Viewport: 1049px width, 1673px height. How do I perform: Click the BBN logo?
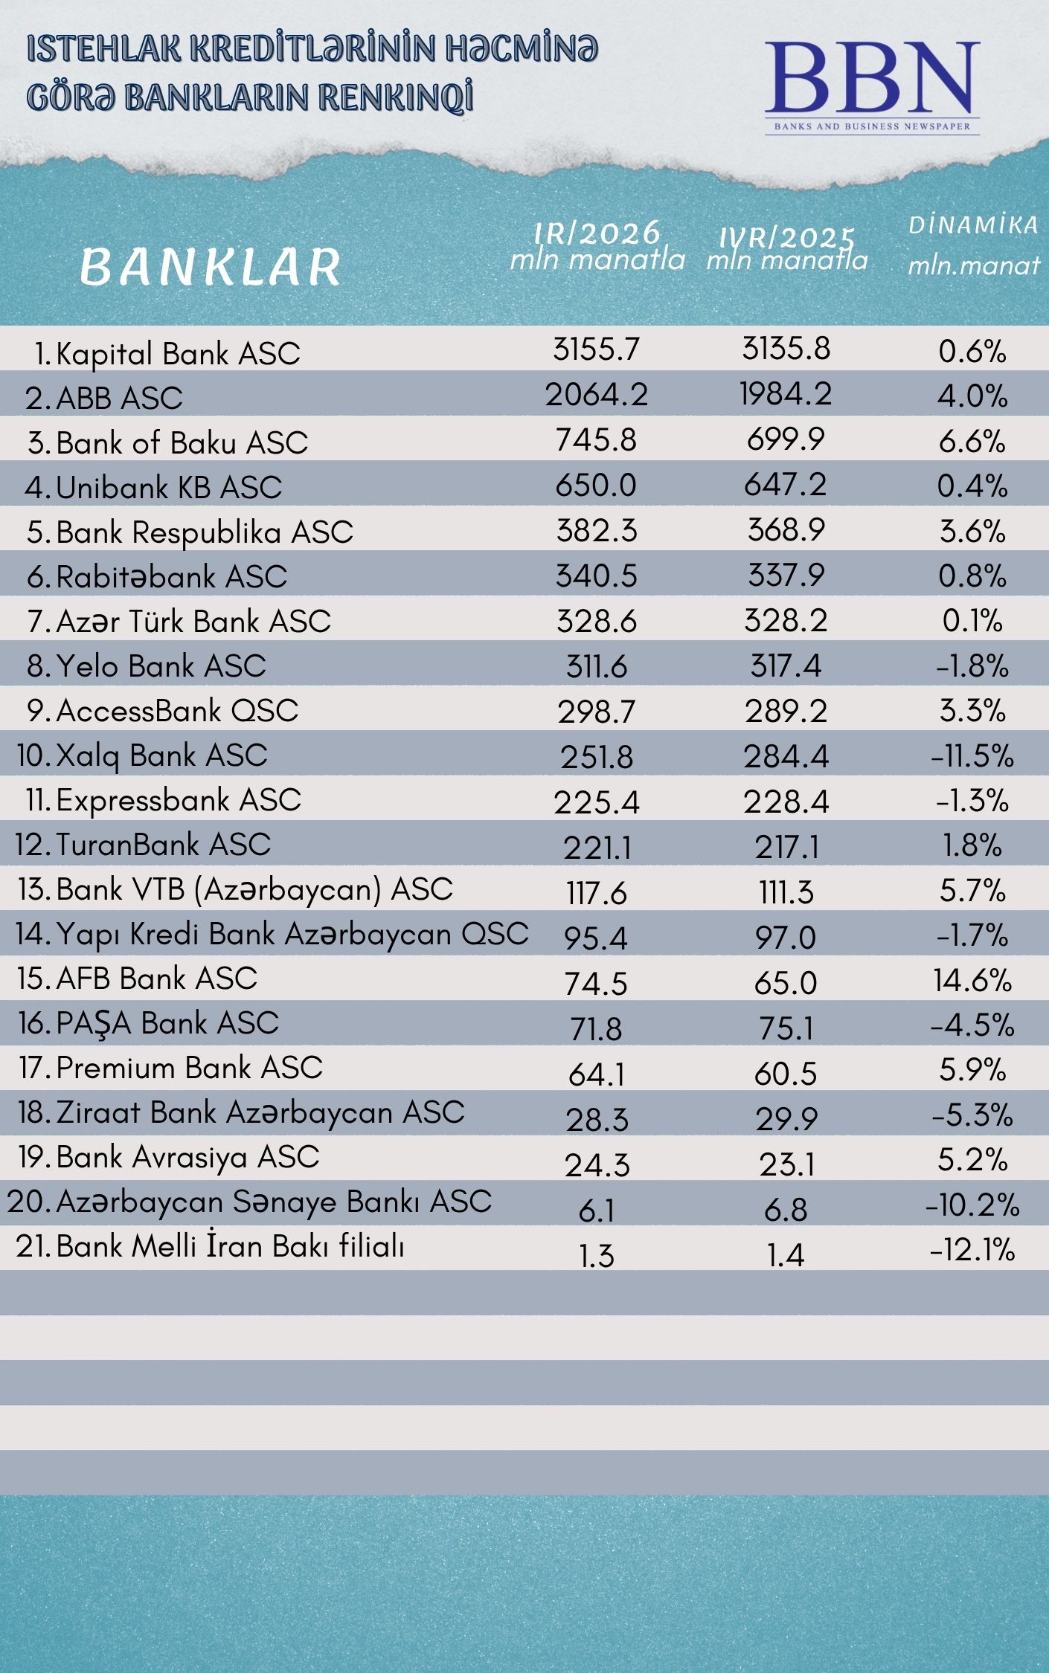[872, 86]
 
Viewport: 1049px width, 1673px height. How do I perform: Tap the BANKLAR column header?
[210, 267]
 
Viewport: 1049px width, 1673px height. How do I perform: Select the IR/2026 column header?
[597, 245]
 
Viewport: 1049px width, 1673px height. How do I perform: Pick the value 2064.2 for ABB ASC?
[597, 395]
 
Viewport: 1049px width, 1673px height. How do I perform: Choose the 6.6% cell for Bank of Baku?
[972, 441]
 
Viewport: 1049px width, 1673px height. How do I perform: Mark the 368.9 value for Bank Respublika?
[786, 530]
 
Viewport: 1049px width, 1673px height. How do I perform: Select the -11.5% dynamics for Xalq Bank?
[972, 756]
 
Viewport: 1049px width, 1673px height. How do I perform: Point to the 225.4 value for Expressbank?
[597, 802]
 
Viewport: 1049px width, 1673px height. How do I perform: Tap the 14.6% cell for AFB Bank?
[972, 981]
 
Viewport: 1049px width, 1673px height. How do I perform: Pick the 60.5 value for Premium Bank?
[786, 1074]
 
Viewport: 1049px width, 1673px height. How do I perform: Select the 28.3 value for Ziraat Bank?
[597, 1119]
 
